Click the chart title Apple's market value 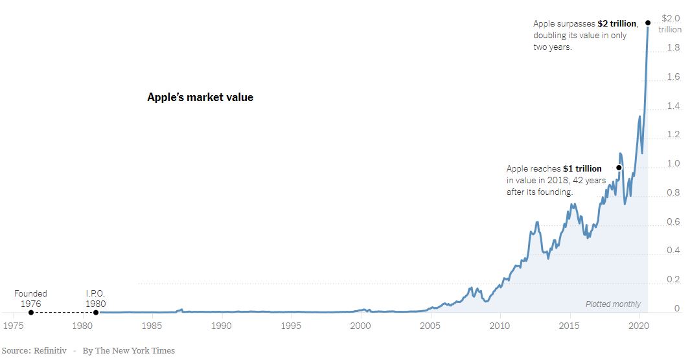[x=200, y=98]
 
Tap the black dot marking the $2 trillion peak [x=648, y=23]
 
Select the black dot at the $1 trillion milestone [x=619, y=168]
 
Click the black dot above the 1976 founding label [x=30, y=312]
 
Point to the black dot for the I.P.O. [x=96, y=312]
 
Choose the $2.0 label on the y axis [x=671, y=18]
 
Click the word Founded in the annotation [x=30, y=294]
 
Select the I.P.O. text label [x=96, y=294]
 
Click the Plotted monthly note [x=613, y=304]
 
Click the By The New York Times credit [x=128, y=350]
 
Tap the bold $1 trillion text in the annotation [x=582, y=169]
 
